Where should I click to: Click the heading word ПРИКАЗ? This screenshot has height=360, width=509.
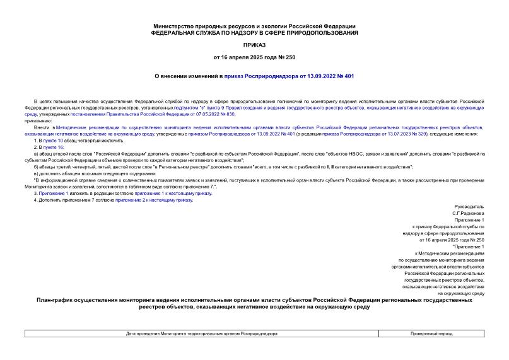click(x=254, y=45)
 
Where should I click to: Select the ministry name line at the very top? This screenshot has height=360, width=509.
click(x=254, y=25)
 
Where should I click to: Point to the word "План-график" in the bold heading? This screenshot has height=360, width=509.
click(x=59, y=300)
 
